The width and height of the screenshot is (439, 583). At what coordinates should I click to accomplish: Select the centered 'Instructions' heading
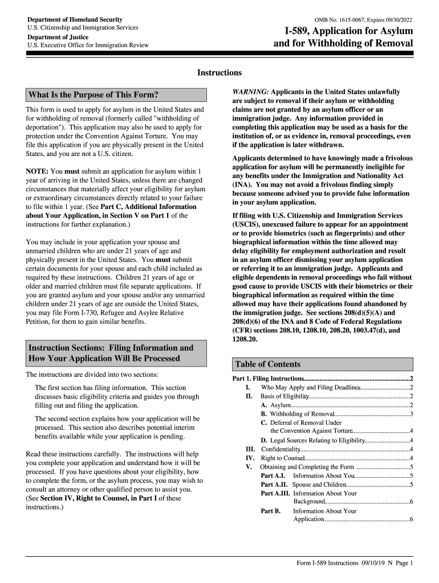(219, 73)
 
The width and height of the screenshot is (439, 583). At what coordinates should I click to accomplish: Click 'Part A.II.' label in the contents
(273, 485)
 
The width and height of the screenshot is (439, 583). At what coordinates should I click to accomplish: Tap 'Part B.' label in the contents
(270, 511)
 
